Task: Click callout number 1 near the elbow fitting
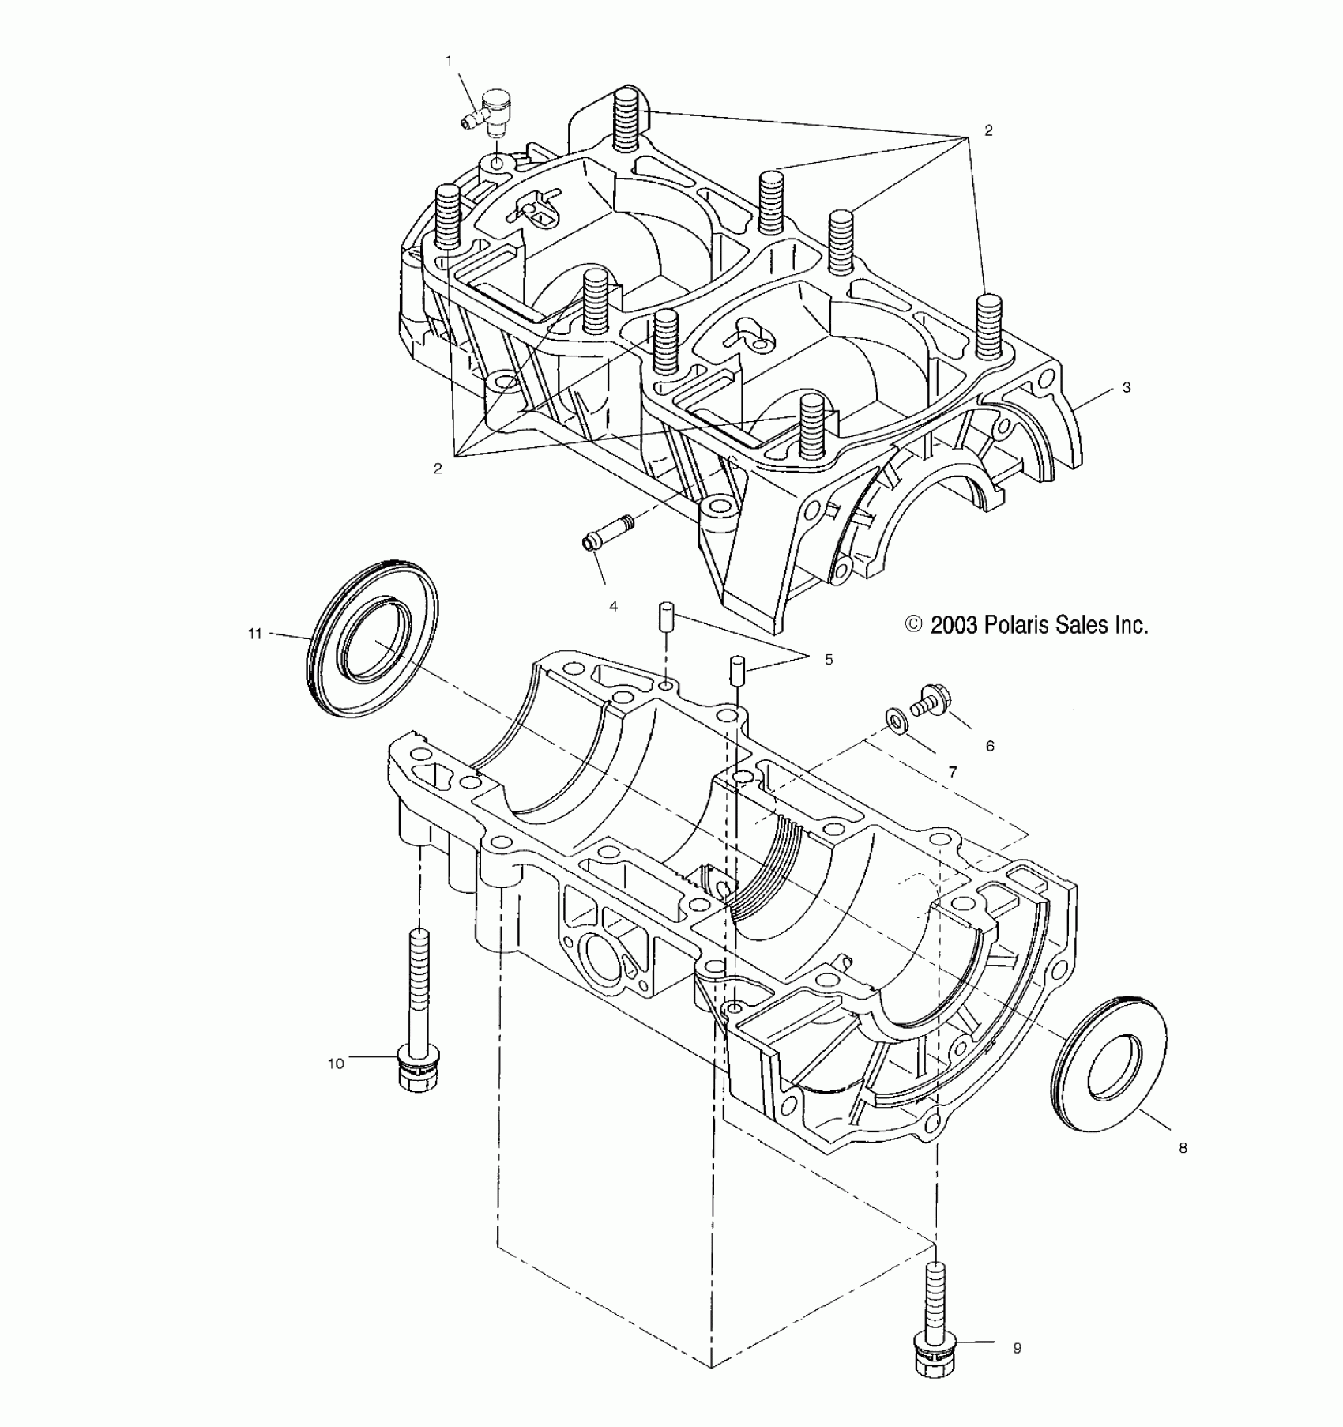449,60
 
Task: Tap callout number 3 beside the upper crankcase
1127,387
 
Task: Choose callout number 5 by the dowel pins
828,659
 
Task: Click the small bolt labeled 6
933,700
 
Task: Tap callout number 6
990,745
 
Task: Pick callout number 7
953,772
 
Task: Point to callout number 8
1183,1148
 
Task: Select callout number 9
1017,1348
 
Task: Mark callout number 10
336,1064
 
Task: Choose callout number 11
254,634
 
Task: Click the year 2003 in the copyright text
953,625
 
